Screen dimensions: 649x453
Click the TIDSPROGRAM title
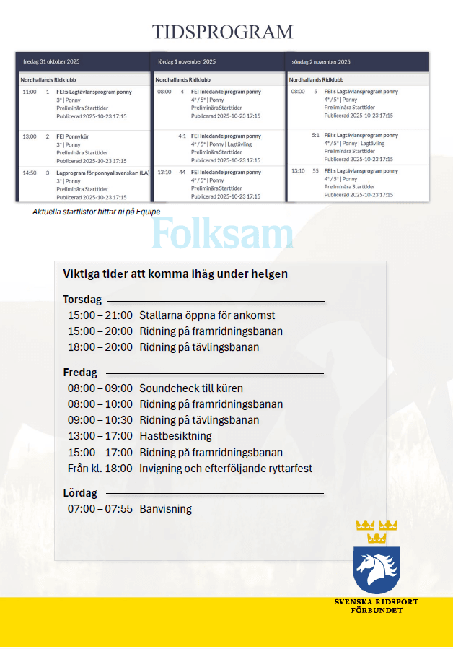[x=222, y=32]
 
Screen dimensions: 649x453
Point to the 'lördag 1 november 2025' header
[x=187, y=62]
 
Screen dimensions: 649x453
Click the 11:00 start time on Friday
[x=29, y=92]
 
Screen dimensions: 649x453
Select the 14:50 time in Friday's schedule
[x=29, y=173]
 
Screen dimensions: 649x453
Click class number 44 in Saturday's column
[x=182, y=173]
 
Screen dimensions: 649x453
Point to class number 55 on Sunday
[x=315, y=171]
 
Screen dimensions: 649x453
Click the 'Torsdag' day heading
[x=82, y=300]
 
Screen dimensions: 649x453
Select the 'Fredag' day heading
[x=80, y=373]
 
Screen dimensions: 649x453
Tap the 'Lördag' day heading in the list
[x=80, y=493]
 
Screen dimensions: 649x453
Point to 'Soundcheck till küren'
[x=191, y=388]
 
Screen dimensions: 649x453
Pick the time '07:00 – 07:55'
[x=100, y=509]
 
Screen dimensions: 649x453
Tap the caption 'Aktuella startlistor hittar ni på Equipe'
[x=96, y=212]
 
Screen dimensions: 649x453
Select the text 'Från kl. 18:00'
[x=100, y=468]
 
